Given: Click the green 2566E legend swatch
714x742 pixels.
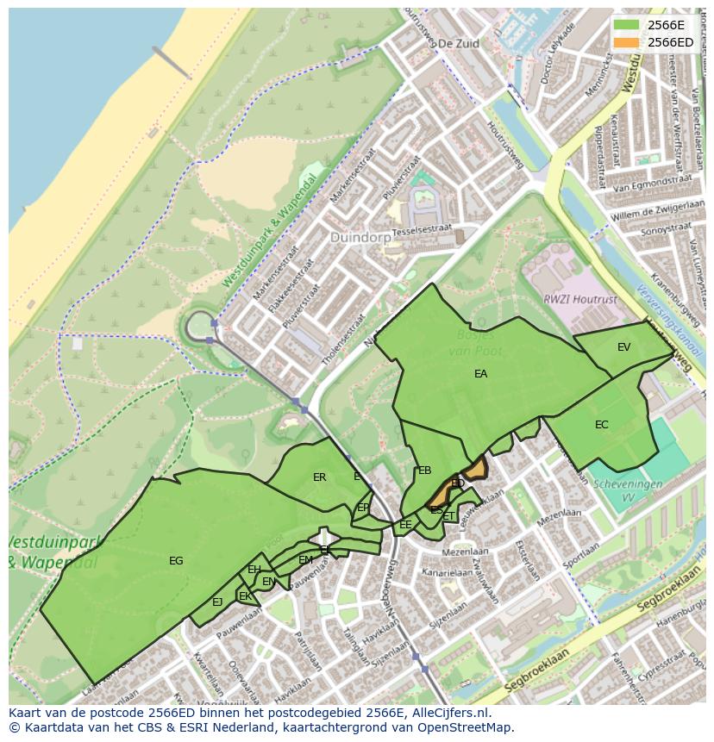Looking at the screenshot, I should coord(627,25).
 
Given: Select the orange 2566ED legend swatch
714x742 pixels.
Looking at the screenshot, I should coord(627,42).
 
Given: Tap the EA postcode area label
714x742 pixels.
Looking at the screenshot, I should coord(480,374).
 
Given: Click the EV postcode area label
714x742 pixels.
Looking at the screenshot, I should coord(623,347).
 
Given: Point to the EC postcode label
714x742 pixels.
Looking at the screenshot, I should coord(601,425).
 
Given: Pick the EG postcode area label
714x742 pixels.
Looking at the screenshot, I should coord(176,561).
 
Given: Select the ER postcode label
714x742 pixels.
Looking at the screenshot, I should coord(319,477).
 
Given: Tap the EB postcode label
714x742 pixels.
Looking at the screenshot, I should coord(424,471).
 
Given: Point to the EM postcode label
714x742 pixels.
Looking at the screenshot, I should coord(305,560).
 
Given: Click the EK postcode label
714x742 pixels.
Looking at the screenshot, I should coord(245,596).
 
